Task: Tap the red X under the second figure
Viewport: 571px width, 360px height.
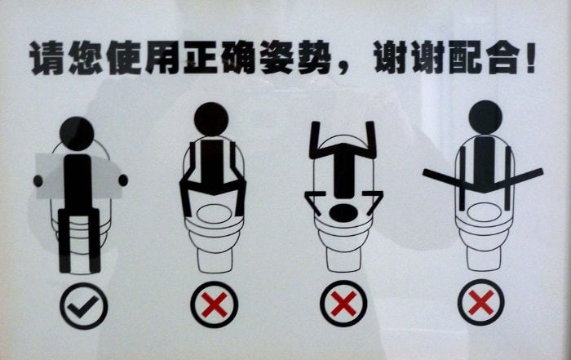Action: pos(214,305)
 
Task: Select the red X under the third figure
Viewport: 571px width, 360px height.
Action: pos(343,305)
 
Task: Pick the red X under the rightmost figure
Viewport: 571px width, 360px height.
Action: pos(481,304)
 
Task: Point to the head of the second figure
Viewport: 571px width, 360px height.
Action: pos(210,119)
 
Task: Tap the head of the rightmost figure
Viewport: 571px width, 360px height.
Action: pos(485,117)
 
